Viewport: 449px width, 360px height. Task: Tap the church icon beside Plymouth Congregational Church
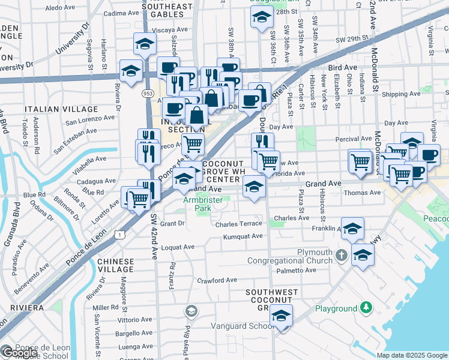point(341,255)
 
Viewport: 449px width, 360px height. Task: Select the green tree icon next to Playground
point(366,308)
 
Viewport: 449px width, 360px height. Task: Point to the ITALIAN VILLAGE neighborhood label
point(61,109)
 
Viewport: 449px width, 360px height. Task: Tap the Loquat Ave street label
point(179,247)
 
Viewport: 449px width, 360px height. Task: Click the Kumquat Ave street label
point(243,236)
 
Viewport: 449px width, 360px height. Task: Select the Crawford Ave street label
point(217,280)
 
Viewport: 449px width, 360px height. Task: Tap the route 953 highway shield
point(148,94)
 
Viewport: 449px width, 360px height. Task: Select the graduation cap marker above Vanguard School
point(280,316)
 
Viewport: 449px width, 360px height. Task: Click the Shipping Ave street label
point(401,94)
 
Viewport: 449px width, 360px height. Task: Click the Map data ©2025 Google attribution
point(411,355)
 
